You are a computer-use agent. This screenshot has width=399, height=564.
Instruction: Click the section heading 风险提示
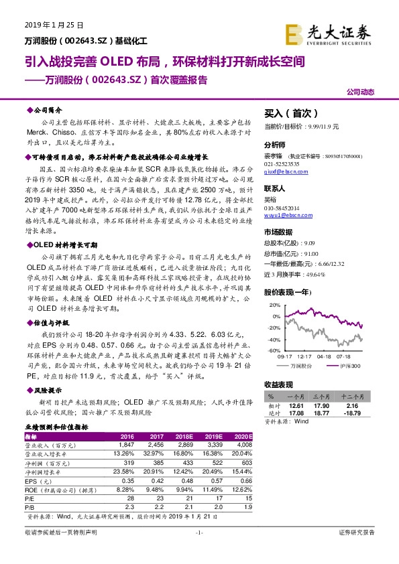click(x=47, y=391)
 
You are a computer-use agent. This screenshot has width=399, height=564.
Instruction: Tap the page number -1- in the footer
click(x=198, y=533)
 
